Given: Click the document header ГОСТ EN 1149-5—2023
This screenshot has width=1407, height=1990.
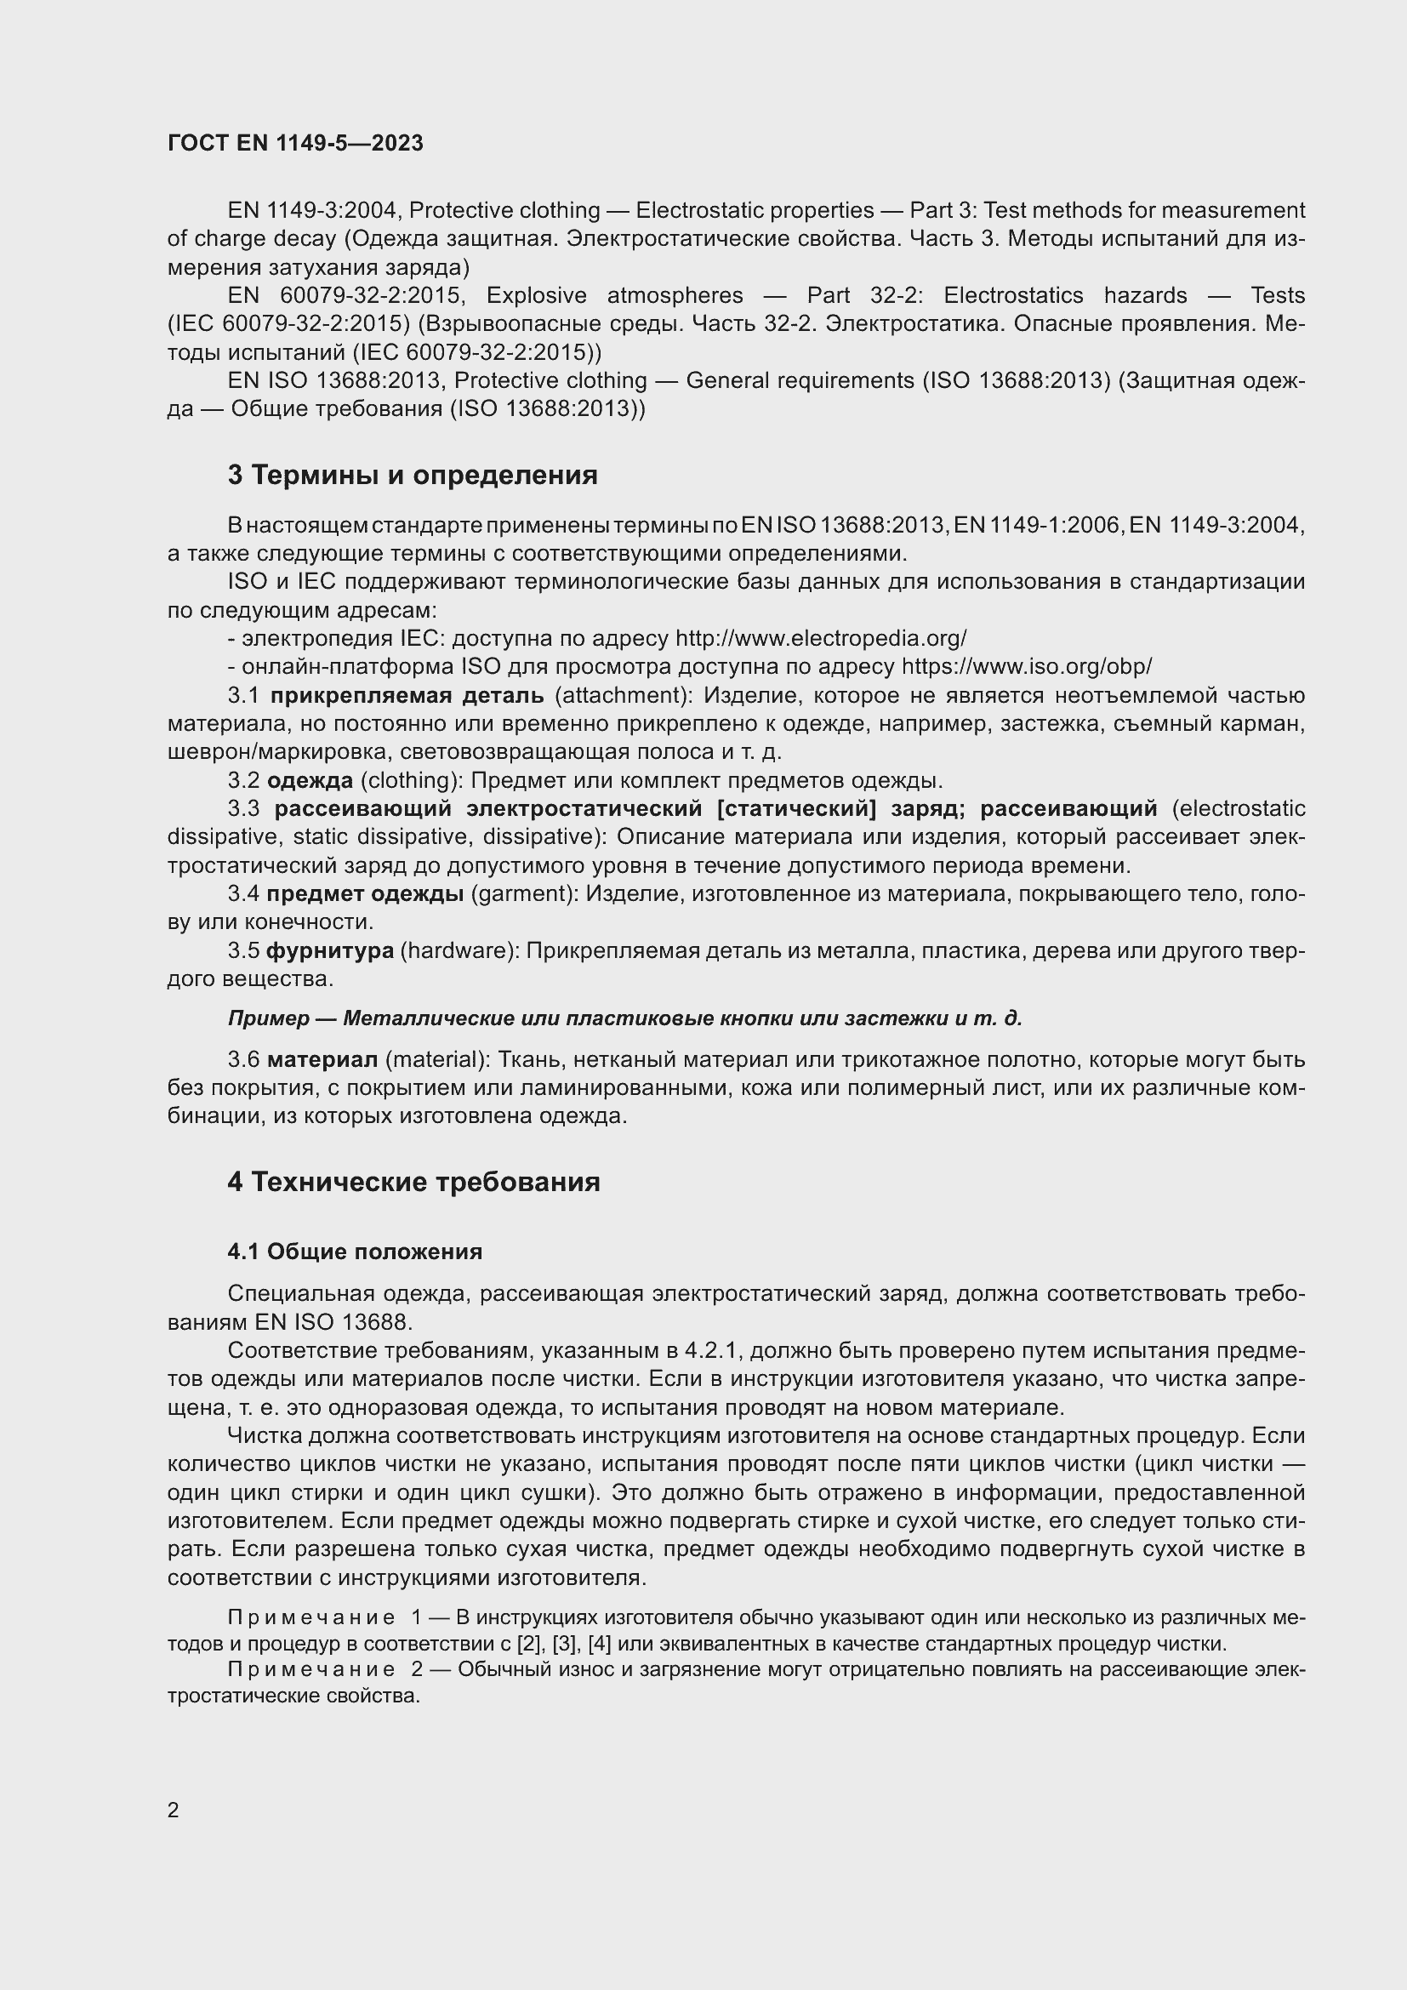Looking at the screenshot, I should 295,143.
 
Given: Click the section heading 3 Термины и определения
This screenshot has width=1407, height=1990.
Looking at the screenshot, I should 413,475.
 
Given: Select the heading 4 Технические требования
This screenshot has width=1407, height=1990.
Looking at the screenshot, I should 413,1183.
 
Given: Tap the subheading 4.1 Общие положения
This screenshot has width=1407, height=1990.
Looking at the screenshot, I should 355,1252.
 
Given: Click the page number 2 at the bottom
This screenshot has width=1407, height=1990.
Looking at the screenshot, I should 174,1810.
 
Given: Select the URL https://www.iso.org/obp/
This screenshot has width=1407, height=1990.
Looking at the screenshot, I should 1027,667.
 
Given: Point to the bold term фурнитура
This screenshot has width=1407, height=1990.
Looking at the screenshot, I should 329,951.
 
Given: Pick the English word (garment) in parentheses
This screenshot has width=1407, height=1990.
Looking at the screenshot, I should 523,893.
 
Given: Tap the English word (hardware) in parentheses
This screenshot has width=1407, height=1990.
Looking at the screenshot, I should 459,951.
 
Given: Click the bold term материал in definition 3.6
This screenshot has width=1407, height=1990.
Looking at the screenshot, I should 322,1060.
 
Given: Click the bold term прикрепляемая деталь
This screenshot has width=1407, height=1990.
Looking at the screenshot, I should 407,696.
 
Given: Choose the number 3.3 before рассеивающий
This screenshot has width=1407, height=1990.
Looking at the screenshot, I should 243,808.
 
